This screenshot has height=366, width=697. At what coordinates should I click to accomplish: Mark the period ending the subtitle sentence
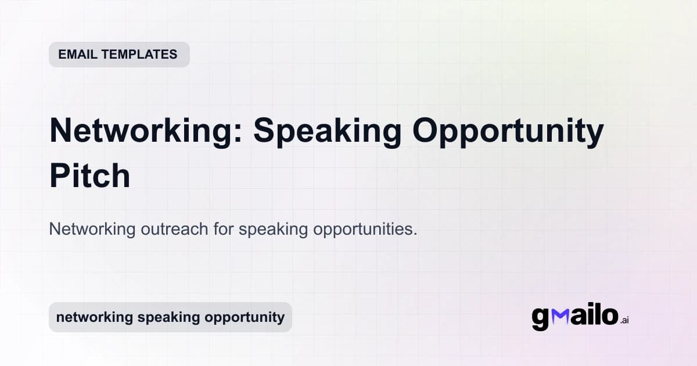coord(415,234)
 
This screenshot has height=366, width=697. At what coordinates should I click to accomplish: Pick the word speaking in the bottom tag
coord(162,318)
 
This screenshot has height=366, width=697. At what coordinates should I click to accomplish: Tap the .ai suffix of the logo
coord(625,320)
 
